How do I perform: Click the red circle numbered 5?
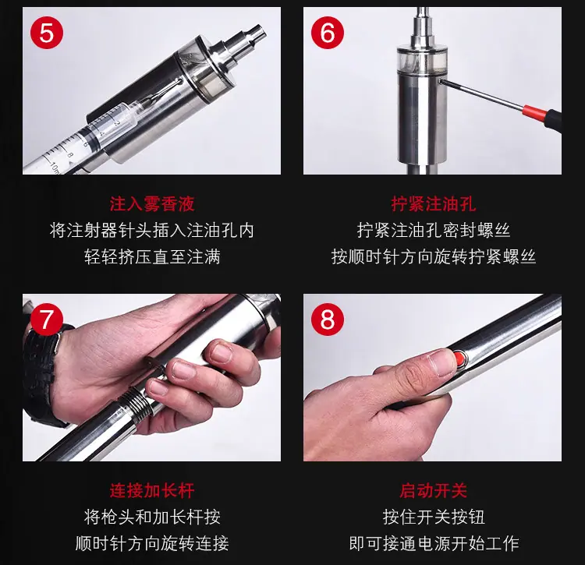coord(47,33)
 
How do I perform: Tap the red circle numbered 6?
coord(327,33)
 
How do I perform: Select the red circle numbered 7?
coord(47,320)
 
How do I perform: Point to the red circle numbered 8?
coord(327,320)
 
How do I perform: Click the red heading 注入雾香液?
coord(152,204)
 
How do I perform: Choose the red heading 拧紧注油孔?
coord(434,204)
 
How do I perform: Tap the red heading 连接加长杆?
coord(152,490)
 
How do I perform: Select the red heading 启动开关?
coord(434,490)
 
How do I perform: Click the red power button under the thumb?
coord(462,359)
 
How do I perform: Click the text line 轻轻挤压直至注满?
coord(152,257)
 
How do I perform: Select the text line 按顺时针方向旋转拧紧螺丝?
coord(434,257)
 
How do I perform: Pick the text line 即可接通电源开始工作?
coord(434,543)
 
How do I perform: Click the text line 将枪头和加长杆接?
coord(152,517)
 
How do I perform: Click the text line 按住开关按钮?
coord(434,517)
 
